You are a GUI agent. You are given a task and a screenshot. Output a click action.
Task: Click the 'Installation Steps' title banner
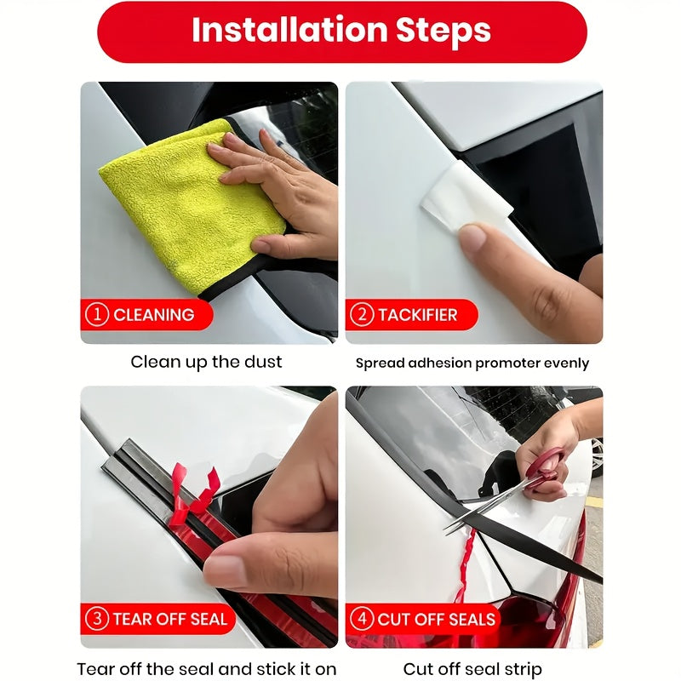pyautogui.click(x=340, y=31)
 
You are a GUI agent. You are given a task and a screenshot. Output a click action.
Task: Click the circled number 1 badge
pyautogui.click(x=97, y=315)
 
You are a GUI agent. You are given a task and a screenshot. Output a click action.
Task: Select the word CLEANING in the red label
pyautogui.click(x=153, y=315)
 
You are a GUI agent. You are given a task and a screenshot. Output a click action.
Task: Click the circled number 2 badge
pyautogui.click(x=362, y=315)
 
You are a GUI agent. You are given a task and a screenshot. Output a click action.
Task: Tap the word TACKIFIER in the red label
pyautogui.click(x=417, y=315)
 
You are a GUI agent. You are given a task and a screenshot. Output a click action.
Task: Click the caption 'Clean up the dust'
pyautogui.click(x=206, y=362)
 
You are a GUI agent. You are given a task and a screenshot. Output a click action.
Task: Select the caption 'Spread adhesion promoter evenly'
pyautogui.click(x=472, y=363)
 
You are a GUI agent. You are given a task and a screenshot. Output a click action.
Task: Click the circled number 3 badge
pyautogui.click(x=97, y=619)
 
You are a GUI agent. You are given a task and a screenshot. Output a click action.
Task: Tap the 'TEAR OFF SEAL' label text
pyautogui.click(x=169, y=619)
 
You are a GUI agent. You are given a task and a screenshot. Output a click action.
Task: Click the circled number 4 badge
pyautogui.click(x=362, y=619)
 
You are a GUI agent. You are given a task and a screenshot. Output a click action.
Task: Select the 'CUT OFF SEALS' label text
pyautogui.click(x=437, y=619)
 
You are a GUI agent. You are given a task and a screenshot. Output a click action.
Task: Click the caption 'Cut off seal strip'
pyautogui.click(x=472, y=668)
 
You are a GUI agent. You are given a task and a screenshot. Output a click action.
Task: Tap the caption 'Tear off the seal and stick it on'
pyautogui.click(x=206, y=668)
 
